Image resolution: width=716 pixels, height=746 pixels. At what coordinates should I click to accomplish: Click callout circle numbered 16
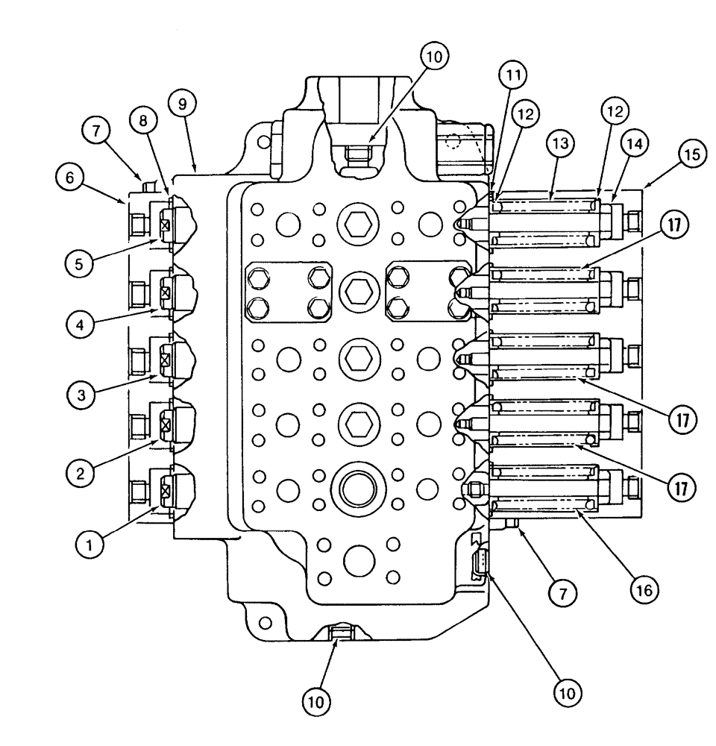(643, 591)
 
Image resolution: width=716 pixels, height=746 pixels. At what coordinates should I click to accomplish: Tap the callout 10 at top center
(433, 57)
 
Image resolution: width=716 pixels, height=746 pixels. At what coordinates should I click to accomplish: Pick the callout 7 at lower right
(563, 594)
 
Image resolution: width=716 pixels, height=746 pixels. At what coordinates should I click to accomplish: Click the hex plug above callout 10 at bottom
(339, 633)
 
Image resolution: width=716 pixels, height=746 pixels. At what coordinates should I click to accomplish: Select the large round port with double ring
(360, 489)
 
